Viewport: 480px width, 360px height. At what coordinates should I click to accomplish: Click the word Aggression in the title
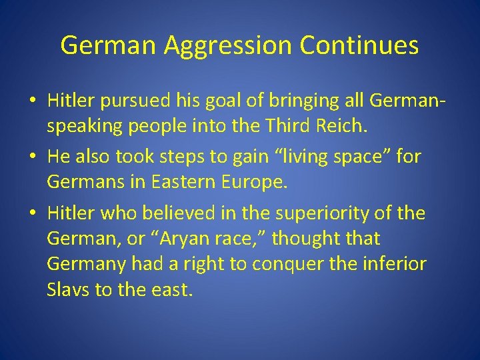point(227,46)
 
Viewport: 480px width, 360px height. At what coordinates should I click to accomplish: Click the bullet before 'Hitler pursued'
point(32,101)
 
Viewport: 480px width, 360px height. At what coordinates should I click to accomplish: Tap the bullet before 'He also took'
point(32,157)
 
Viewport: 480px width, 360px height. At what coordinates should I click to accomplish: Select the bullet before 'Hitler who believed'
point(32,213)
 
